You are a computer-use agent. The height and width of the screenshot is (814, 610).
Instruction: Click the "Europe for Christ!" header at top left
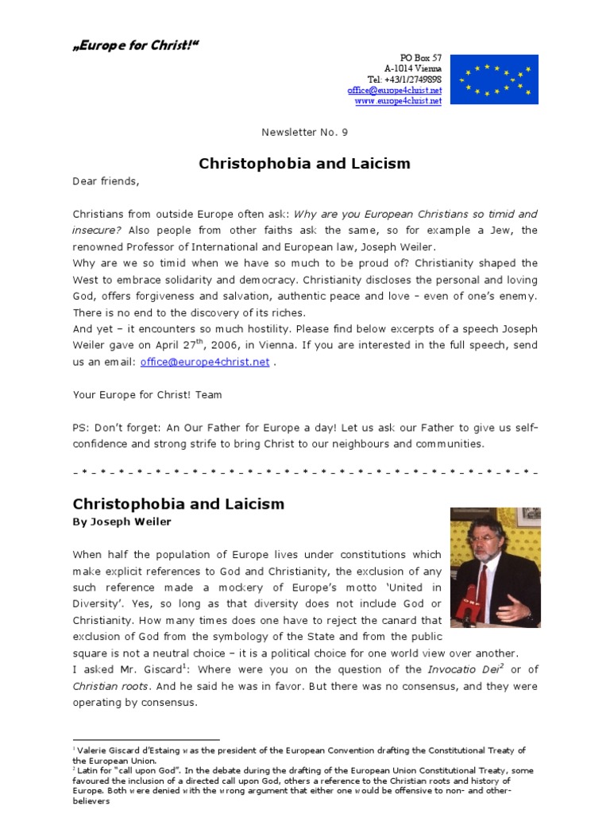pos(135,45)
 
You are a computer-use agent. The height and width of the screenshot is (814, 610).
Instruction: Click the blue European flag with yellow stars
pos(494,79)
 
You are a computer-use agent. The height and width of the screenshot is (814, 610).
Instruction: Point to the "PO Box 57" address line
pos(421,59)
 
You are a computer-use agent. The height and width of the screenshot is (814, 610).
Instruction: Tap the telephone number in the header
pos(404,80)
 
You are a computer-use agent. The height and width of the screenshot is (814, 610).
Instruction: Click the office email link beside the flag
pos(394,91)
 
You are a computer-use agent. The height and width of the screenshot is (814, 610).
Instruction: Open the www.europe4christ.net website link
pos(397,101)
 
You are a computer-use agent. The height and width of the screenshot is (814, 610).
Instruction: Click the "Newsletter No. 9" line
pos(305,133)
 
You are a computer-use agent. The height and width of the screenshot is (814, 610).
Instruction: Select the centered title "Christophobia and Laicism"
pos(304,164)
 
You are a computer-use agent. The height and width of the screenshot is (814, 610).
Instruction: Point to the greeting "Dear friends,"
pos(106,181)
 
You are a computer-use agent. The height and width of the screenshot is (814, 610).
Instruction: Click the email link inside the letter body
pos(205,362)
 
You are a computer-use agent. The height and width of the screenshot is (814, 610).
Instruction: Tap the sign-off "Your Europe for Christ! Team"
pos(148,395)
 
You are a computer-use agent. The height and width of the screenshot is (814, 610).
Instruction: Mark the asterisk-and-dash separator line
pos(305,472)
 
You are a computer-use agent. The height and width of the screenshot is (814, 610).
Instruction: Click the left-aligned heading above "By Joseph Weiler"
pos(178,505)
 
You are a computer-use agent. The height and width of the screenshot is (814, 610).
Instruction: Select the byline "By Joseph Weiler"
pos(122,522)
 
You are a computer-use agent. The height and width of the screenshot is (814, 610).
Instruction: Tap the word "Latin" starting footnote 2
pos(89,770)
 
